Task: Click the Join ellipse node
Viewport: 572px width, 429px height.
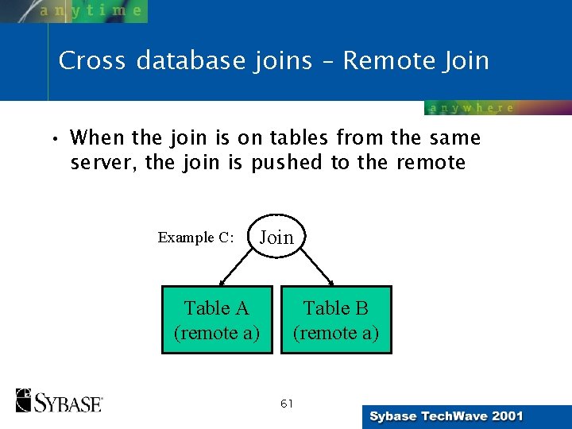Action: point(276,237)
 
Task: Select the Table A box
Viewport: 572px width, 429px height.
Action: point(217,319)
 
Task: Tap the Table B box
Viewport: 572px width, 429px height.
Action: point(336,319)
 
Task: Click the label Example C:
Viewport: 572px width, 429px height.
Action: point(195,238)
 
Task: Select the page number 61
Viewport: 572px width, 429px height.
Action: point(287,404)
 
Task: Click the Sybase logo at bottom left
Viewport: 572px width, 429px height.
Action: point(60,400)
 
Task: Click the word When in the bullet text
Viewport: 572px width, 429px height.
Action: point(98,138)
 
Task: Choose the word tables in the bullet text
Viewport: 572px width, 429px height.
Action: point(300,138)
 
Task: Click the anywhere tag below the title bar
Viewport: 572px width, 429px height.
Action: point(472,108)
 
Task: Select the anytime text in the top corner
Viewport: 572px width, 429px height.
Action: point(91,11)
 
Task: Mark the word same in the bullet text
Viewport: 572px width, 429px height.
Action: point(456,138)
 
